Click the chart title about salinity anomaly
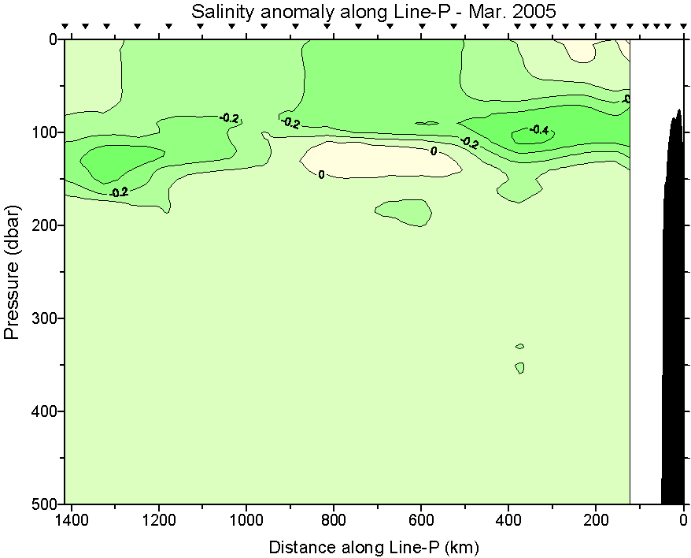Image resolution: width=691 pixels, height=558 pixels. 373,12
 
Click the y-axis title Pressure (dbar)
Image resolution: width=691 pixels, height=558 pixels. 13,272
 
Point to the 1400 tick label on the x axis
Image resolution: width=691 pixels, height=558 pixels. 72,520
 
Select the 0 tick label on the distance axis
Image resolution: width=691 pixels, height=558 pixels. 683,520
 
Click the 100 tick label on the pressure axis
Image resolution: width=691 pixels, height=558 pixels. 38,132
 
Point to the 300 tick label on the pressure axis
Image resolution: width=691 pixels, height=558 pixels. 38,318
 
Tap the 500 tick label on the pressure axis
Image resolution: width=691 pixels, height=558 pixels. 38,503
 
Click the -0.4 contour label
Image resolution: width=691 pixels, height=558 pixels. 538,130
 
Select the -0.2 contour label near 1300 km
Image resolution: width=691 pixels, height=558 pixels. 119,192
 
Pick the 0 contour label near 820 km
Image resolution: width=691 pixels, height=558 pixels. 321,174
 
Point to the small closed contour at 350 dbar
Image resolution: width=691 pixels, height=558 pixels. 520,367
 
